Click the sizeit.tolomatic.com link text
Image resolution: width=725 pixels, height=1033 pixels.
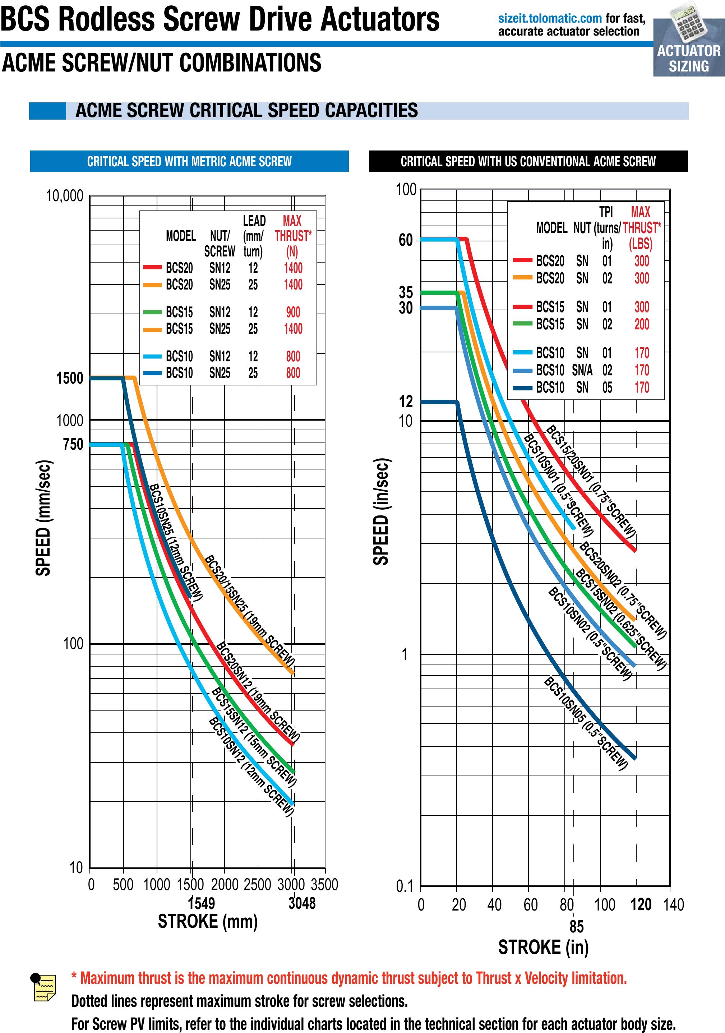(549, 18)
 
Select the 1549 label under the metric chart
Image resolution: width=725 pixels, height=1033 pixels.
(201, 903)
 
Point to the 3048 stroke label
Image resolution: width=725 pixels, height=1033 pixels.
(302, 903)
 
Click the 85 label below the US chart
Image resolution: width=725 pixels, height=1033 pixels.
(577, 926)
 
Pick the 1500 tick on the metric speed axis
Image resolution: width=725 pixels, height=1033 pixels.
(70, 378)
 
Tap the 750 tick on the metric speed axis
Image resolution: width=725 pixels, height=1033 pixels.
(73, 444)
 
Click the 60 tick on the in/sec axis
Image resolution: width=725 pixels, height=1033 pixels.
(406, 240)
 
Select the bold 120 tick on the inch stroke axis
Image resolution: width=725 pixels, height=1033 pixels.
(641, 904)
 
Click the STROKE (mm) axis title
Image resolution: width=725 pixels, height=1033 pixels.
(207, 921)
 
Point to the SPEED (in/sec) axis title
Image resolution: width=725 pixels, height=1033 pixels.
(381, 511)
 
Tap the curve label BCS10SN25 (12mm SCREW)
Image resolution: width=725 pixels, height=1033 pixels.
(176, 542)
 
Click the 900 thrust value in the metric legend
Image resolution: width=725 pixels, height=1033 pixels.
(293, 312)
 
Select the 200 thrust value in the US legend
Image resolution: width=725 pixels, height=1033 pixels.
(642, 324)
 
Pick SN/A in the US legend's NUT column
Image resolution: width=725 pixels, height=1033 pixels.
(582, 370)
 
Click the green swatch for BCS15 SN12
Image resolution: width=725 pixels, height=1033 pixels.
(152, 312)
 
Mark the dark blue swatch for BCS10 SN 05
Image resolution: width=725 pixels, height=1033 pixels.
(522, 387)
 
